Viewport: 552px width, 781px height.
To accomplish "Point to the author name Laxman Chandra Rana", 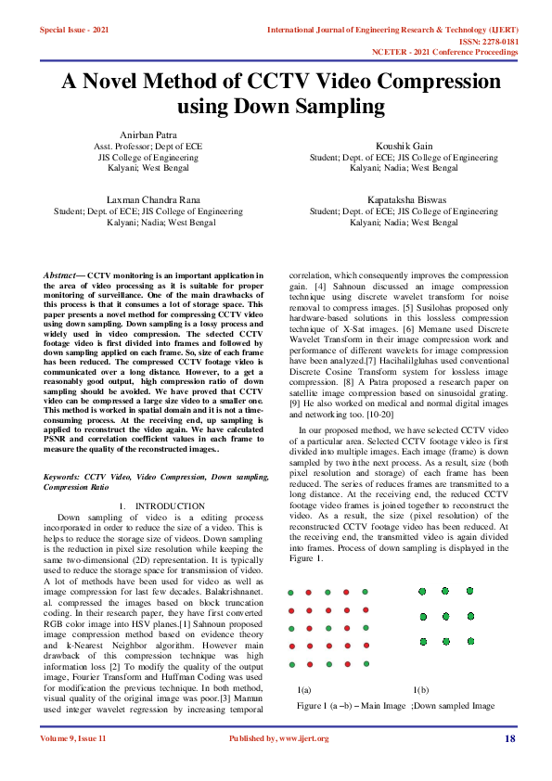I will (x=148, y=199).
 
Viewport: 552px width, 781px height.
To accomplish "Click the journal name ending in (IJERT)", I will (x=392, y=30).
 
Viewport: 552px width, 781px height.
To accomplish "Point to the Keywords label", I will (x=62, y=476).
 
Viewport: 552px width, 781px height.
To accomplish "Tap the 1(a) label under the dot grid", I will (x=304, y=690).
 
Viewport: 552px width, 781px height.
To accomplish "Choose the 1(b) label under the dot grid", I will (x=420, y=690).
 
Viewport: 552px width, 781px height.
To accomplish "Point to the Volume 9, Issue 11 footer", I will (x=73, y=738).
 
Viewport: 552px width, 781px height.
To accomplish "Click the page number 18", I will (x=509, y=738).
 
